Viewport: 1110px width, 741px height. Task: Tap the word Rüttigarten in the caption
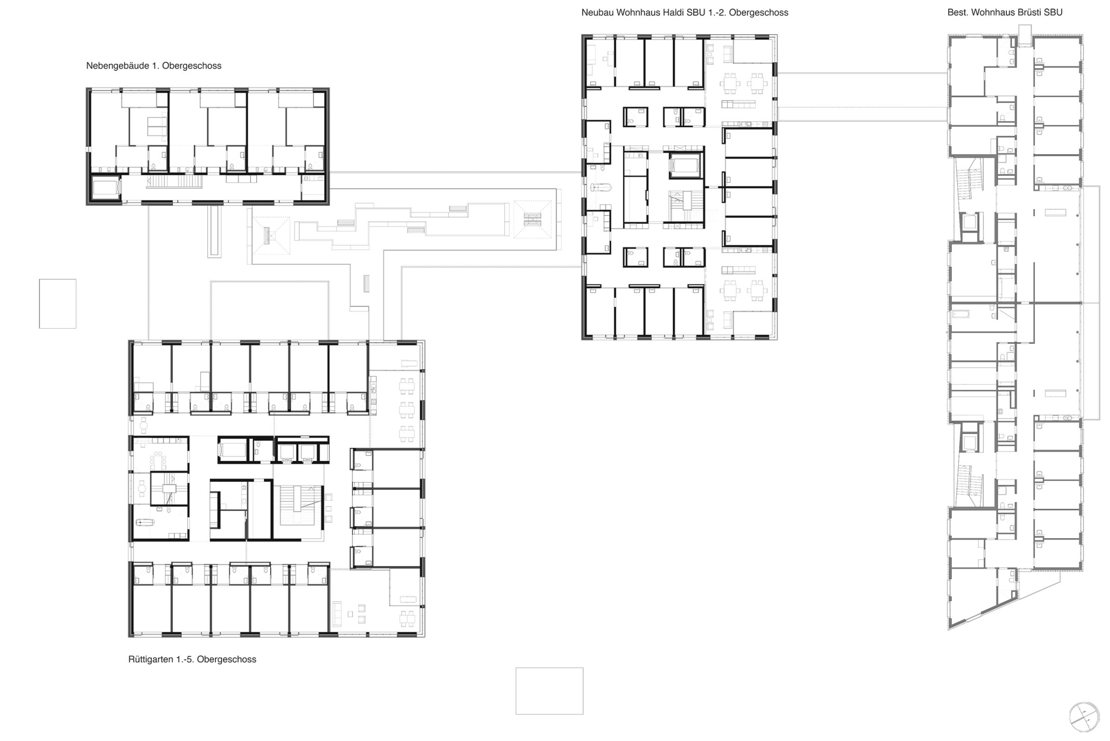point(151,659)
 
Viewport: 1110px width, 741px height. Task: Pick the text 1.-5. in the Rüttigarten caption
point(185,659)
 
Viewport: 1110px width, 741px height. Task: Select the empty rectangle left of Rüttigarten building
point(58,304)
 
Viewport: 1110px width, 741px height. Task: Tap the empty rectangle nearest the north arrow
point(549,691)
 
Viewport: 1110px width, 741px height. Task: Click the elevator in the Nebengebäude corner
point(105,188)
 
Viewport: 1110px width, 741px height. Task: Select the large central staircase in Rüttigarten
point(298,504)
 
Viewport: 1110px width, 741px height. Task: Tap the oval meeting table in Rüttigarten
point(157,458)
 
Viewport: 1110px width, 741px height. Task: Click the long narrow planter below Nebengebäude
point(214,231)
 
